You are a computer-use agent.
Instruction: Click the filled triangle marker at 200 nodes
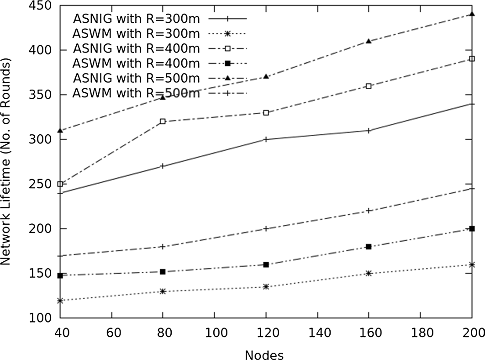[x=472, y=14]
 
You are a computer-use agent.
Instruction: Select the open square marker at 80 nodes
[x=163, y=122]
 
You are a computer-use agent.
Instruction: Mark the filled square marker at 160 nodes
[x=369, y=247]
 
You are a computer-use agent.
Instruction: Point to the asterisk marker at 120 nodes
[x=266, y=287]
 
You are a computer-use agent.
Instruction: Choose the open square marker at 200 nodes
[x=472, y=59]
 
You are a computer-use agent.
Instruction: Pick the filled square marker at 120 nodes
[x=266, y=265]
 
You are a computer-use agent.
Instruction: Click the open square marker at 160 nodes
[x=369, y=86]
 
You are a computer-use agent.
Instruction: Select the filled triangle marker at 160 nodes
[x=369, y=41]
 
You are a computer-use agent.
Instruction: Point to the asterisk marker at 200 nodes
[x=472, y=265]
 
